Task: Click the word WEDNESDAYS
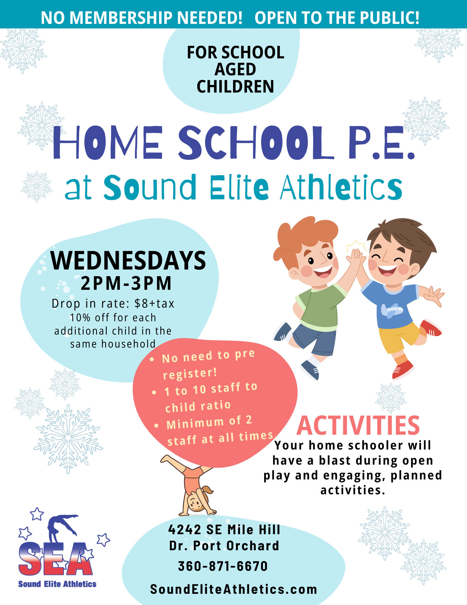click(x=128, y=261)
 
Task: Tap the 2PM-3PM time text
click(x=126, y=283)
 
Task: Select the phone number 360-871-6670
click(x=223, y=566)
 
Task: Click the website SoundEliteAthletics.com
click(x=234, y=589)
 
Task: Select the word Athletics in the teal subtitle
click(x=341, y=188)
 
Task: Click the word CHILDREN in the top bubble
click(x=235, y=87)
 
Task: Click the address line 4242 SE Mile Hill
click(x=224, y=530)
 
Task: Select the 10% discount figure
click(x=80, y=318)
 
